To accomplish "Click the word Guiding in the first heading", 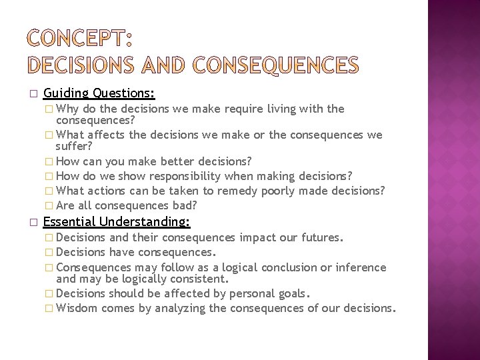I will pyautogui.click(x=66, y=93).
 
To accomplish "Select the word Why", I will pyautogui.click(x=68, y=109).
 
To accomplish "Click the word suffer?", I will pyautogui.click(x=74, y=145).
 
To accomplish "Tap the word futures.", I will pyautogui.click(x=323, y=237).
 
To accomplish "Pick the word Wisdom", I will pyautogui.click(x=77, y=308).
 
